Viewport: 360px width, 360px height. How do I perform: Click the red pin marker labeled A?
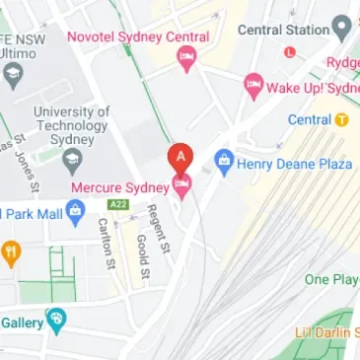click(180, 157)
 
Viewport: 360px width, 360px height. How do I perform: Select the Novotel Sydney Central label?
click(138, 37)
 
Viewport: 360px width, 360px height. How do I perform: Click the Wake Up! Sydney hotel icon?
click(253, 86)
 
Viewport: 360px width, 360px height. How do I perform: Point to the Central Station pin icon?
click(343, 28)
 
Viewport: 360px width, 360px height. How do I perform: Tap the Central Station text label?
click(283, 29)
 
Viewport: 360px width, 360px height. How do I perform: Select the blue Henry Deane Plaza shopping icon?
click(224, 158)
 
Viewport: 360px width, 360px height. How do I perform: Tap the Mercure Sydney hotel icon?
click(181, 184)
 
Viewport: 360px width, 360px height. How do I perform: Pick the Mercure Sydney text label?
click(120, 186)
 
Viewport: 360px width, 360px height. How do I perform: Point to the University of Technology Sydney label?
click(71, 126)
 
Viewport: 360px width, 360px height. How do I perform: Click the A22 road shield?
click(118, 205)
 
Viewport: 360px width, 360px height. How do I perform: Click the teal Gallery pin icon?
click(57, 321)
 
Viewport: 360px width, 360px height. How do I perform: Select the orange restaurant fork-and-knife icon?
click(11, 253)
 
